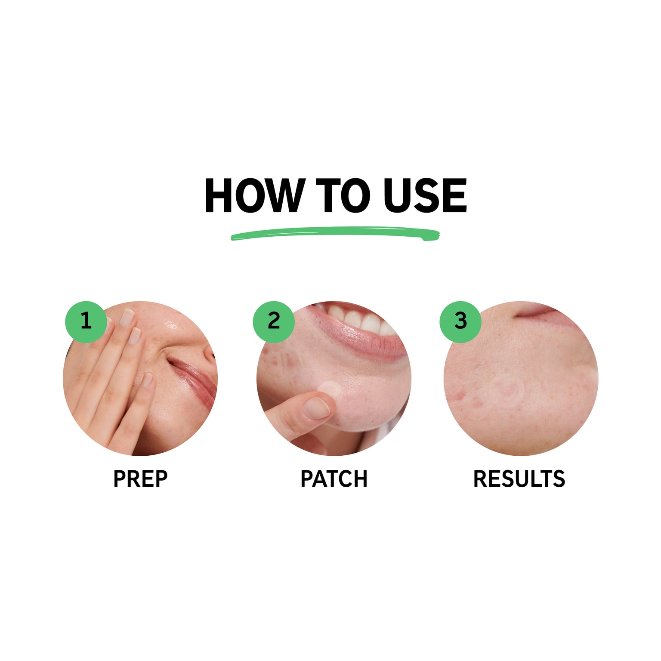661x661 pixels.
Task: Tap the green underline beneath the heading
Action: (x=335, y=234)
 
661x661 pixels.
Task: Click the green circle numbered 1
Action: (x=86, y=321)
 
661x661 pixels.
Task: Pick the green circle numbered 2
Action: (x=274, y=321)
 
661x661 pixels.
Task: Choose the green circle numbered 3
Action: (x=460, y=321)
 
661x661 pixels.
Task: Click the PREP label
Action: (x=140, y=479)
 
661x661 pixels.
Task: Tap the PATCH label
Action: (x=334, y=479)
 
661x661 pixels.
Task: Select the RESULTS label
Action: (x=519, y=479)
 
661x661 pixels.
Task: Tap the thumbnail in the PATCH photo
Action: (x=316, y=407)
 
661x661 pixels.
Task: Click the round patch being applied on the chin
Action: (x=330, y=389)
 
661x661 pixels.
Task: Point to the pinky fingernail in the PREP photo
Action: (x=147, y=380)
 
